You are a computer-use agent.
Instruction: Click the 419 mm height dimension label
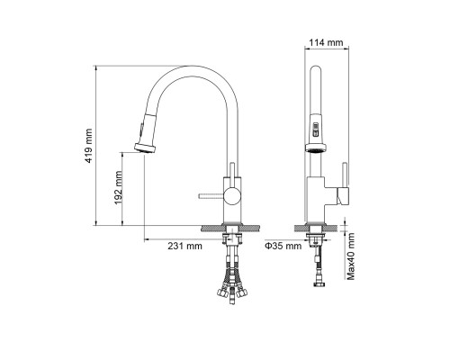coord(88,146)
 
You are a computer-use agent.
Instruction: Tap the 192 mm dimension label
coord(118,187)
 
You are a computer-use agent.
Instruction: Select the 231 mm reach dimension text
coord(184,246)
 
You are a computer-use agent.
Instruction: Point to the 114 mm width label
coord(326,42)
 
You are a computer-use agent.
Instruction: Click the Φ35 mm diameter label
coord(283,246)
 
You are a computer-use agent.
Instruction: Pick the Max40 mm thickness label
coord(351,256)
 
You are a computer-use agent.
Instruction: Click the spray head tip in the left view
coord(145,148)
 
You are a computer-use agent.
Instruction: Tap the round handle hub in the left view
coord(233,196)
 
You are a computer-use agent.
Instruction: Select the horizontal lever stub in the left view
coord(211,196)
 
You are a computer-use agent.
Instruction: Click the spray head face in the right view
coord(316,148)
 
